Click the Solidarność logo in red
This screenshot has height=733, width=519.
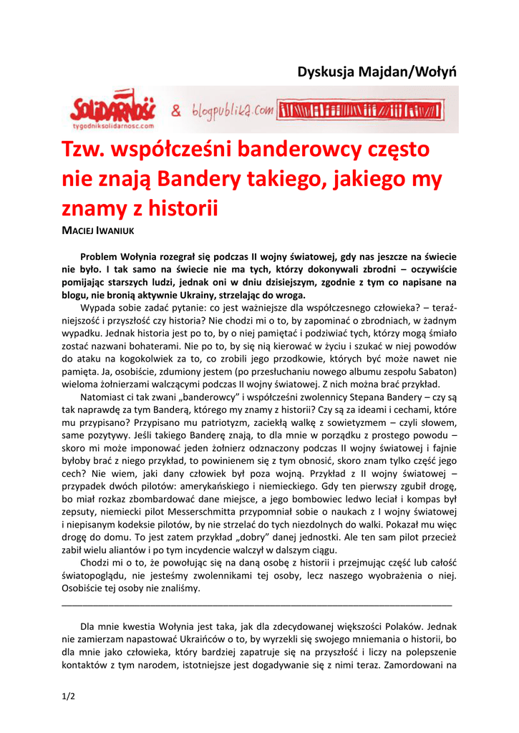tap(112, 107)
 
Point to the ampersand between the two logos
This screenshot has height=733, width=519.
tap(175, 110)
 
